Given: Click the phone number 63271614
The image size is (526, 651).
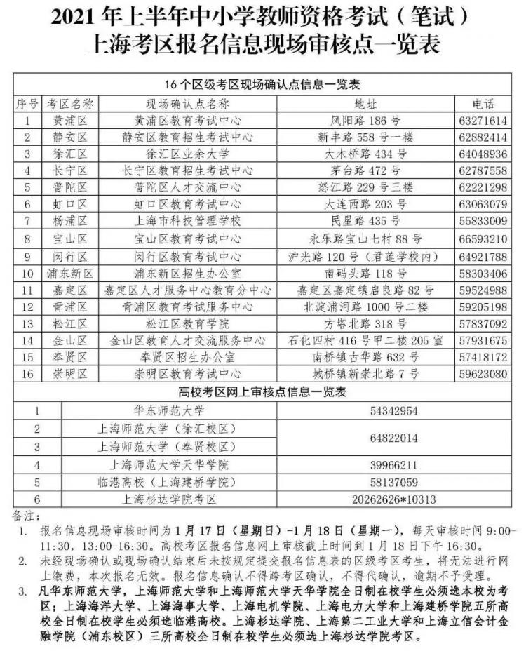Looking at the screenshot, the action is point(483,120).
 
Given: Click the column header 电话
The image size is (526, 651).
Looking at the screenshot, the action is point(483,103).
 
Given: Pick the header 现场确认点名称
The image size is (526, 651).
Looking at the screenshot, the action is point(187,103).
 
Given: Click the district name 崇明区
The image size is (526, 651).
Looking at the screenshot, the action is point(69,374).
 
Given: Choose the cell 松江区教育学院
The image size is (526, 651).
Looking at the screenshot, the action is point(187,323).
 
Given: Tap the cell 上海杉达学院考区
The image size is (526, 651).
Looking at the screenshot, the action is point(170,499).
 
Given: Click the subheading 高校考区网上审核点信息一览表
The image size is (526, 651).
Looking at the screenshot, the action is point(262,391).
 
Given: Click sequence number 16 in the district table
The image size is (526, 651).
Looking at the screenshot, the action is point(28,374).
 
